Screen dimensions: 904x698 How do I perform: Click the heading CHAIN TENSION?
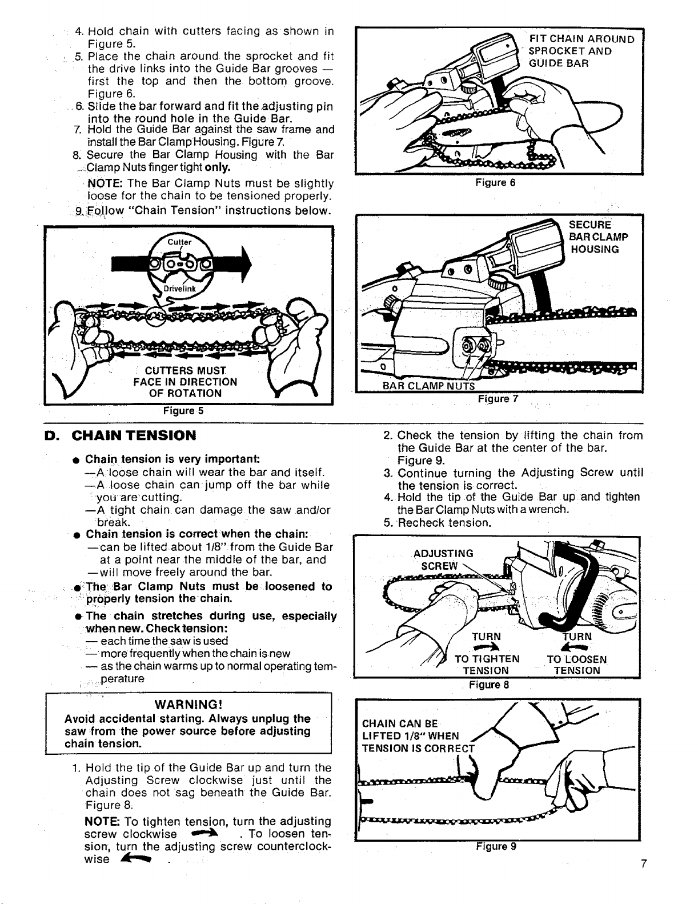coord(134,435)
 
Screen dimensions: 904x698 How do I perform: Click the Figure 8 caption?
coord(488,684)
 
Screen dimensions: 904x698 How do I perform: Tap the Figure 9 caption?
coord(496,846)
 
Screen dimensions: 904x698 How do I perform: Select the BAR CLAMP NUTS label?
coord(429,387)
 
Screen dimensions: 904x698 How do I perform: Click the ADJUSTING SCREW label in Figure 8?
coord(443,559)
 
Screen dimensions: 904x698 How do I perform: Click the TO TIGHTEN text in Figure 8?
coord(487,659)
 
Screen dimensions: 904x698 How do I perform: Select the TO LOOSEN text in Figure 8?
coord(577,659)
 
